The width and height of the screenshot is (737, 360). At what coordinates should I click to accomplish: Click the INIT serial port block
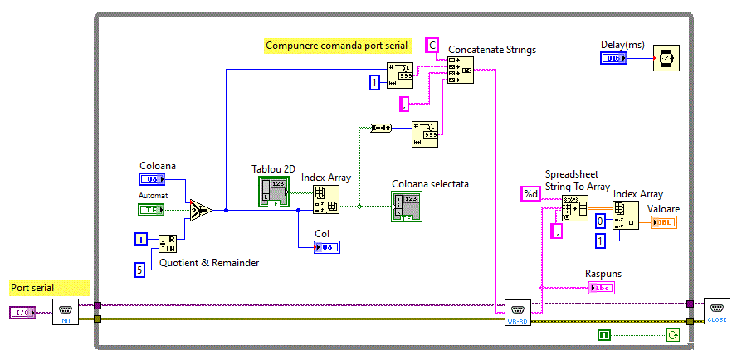pos(66,313)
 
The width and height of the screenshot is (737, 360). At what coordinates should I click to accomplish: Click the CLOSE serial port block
pos(716,310)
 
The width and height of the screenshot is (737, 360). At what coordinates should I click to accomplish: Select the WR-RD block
pos(518,313)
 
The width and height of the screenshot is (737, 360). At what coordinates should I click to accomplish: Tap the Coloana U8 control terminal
pos(152,178)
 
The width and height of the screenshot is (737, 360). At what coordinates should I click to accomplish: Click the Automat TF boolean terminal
pos(151,210)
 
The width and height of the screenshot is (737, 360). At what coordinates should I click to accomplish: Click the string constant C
pos(432,45)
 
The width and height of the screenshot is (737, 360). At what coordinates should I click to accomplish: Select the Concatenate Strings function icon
pos(461,71)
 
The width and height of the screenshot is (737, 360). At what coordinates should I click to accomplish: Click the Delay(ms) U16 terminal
pos(615,58)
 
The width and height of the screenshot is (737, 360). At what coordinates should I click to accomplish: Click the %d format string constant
pos(530,194)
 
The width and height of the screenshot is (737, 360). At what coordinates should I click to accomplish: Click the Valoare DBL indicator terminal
pos(664,222)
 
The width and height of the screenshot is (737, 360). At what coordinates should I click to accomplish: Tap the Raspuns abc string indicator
pos(603,288)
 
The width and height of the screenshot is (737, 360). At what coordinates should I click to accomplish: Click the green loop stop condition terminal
pos(672,335)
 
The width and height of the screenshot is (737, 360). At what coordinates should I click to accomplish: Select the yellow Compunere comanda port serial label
pos(336,46)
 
